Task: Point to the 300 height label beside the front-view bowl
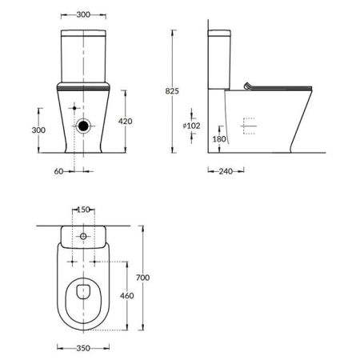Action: (26, 130)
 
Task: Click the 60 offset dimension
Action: (58, 170)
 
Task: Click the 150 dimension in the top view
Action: (84, 210)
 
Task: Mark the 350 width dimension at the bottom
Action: (83, 348)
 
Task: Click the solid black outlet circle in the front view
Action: (84, 126)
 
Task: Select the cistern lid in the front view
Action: (84, 34)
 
